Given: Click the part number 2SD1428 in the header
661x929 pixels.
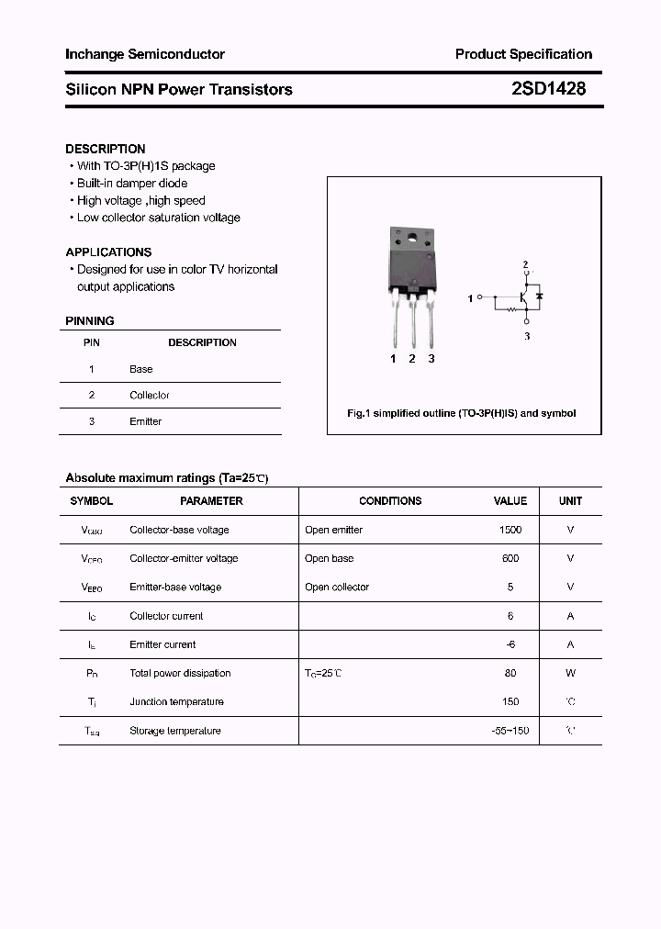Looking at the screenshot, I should coord(548,89).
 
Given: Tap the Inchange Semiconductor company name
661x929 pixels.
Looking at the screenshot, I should coord(145,54).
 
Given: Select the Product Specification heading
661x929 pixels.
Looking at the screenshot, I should coord(523,54).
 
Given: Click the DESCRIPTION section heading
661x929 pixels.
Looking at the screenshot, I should coord(106,149).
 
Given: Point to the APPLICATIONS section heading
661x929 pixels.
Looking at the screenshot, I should coord(108,252).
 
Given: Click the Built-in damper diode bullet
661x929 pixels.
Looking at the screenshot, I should coord(132,184).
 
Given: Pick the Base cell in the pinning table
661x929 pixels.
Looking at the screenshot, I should coord(141,369).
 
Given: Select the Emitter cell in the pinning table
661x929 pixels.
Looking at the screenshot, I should coord(145,421).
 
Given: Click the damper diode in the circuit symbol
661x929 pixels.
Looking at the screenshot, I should coord(540,296).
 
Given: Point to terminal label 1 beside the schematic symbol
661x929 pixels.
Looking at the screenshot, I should coord(471,298).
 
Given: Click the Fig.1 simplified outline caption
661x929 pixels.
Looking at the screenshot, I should coord(461,413).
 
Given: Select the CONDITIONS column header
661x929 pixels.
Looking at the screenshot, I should coord(390,501).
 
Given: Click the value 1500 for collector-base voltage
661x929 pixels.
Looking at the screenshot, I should coord(510,530).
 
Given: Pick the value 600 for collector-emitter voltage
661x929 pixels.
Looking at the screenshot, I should coord(510,558).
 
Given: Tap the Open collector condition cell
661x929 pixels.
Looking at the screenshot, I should coord(337,587).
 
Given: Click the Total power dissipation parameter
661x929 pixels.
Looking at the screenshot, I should coord(180,673).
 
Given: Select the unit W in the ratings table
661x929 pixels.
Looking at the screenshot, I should coord(570,673).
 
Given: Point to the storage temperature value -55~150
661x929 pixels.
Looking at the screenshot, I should coord(510,731).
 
